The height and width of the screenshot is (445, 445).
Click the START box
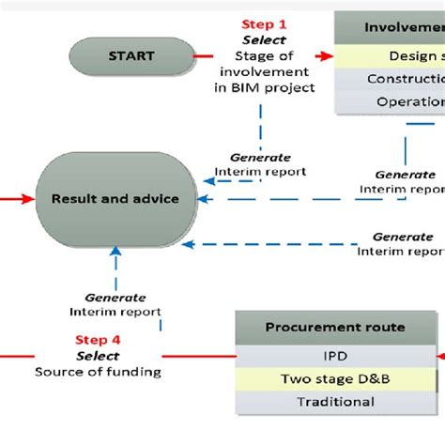pos(131,56)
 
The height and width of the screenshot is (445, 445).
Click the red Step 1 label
pos(265,24)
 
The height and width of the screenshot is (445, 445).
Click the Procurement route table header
pos(335,328)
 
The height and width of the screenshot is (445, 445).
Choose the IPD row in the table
pos(335,357)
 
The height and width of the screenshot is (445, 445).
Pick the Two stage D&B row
pos(335,379)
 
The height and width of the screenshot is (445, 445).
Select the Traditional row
pos(335,401)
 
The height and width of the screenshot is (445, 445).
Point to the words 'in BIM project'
pos(265,89)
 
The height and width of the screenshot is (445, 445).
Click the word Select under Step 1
pos(265,41)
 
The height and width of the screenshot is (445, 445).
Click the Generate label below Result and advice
pos(115,297)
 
